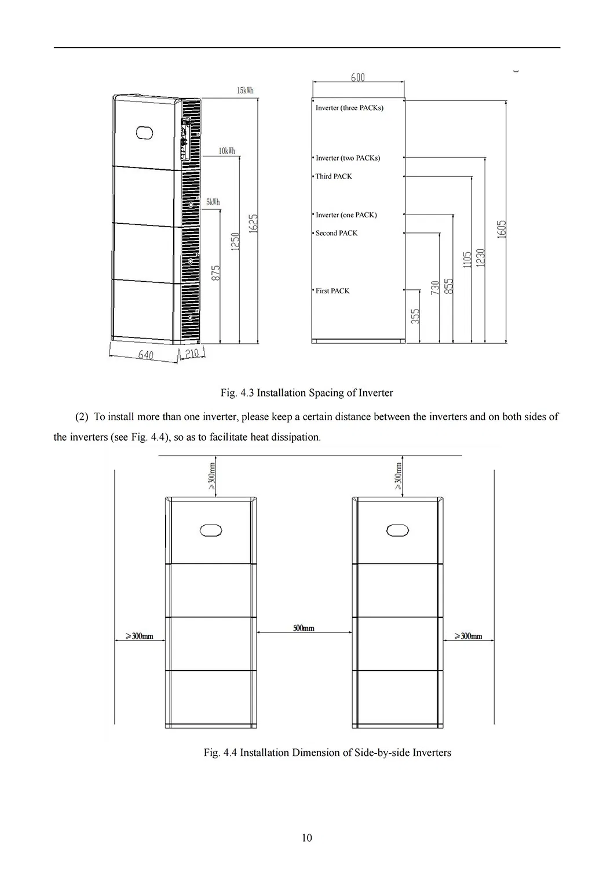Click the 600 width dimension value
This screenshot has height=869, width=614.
pyautogui.click(x=357, y=77)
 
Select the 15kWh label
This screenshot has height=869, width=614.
pyautogui.click(x=245, y=90)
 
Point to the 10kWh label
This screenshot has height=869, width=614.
pyautogui.click(x=226, y=151)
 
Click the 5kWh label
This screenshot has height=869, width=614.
pyautogui.click(x=213, y=202)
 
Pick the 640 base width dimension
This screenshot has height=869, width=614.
pyautogui.click(x=146, y=355)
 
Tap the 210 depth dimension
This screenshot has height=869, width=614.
pyautogui.click(x=192, y=354)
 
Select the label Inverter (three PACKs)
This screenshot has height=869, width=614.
pyautogui.click(x=349, y=108)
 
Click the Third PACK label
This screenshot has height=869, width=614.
pyautogui.click(x=334, y=176)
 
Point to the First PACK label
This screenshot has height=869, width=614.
pyautogui.click(x=332, y=291)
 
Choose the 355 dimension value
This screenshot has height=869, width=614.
pyautogui.click(x=415, y=316)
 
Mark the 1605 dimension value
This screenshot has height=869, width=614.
pyautogui.click(x=502, y=229)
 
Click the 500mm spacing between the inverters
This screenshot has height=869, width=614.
pyautogui.click(x=304, y=628)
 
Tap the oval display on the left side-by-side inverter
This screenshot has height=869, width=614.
pyautogui.click(x=211, y=530)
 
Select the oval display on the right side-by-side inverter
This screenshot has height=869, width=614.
pyautogui.click(x=398, y=530)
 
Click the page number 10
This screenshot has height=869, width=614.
pyautogui.click(x=306, y=838)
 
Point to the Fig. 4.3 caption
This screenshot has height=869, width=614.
pyautogui.click(x=306, y=393)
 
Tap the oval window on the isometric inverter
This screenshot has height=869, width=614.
pyautogui.click(x=144, y=132)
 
